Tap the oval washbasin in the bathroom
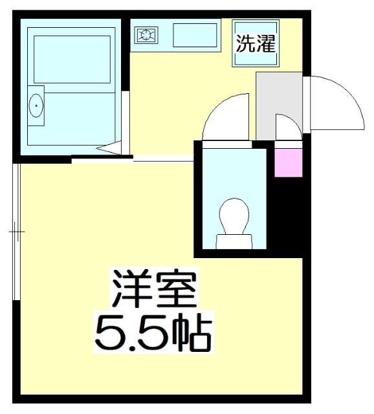click(36, 103)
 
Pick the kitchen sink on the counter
click(195, 36)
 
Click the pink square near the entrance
click(288, 162)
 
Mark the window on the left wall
click(17, 231)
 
